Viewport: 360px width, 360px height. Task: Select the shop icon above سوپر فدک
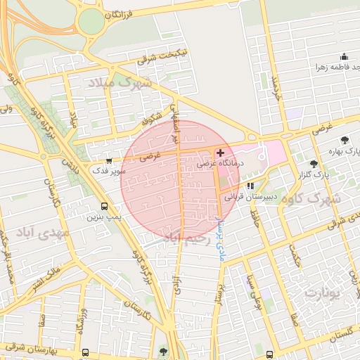pyautogui.click(x=108, y=160)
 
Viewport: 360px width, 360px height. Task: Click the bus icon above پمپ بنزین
pyautogui.click(x=105, y=207)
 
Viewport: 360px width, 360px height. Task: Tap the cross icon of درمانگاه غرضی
pyautogui.click(x=221, y=153)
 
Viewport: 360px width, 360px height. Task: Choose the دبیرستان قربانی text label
pyautogui.click(x=254, y=198)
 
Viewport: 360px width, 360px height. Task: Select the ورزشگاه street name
pyautogui.click(x=82, y=320)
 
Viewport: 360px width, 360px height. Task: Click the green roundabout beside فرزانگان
pyautogui.click(x=90, y=22)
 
